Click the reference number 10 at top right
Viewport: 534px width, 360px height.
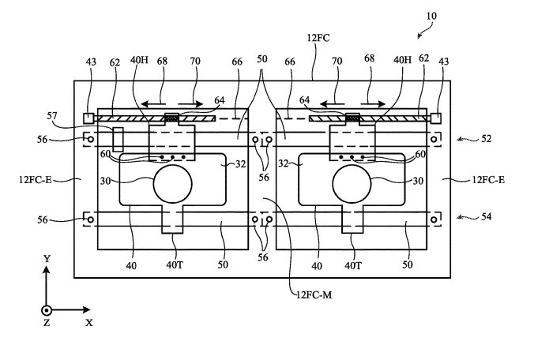click(431, 16)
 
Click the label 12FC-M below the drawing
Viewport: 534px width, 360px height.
click(314, 294)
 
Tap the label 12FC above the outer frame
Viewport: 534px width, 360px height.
click(318, 37)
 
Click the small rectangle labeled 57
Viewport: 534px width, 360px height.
click(118, 140)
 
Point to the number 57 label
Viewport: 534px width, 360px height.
click(52, 116)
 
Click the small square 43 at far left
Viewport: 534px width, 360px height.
click(88, 118)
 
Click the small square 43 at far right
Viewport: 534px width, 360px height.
click(436, 118)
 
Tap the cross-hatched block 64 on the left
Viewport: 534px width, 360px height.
click(172, 118)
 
